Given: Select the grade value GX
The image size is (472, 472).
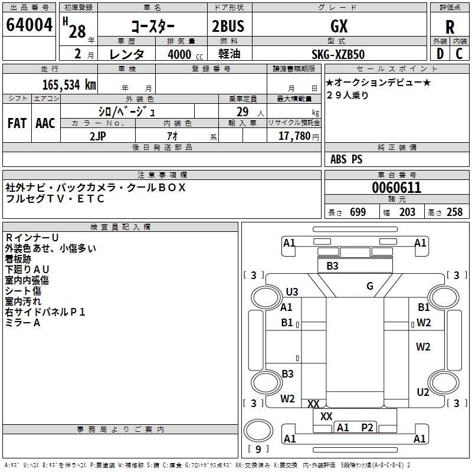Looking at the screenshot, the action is (339, 27).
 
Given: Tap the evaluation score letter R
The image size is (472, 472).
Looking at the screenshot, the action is (450, 27).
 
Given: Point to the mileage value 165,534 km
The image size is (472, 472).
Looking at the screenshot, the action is (70, 84).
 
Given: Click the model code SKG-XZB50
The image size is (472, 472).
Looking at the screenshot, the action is (338, 54).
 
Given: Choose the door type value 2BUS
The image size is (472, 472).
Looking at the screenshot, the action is (228, 27).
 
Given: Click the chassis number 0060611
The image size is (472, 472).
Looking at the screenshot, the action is (396, 188).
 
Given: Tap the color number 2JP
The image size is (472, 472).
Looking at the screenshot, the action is (98, 136).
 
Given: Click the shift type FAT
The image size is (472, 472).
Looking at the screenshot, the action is (17, 123).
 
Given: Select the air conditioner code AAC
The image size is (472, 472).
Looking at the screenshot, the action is (45, 123).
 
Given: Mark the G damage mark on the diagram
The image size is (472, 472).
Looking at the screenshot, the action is (370, 286).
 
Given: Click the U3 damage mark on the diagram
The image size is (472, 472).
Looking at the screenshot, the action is (292, 292).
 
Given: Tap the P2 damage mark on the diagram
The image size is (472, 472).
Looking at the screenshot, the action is (368, 428).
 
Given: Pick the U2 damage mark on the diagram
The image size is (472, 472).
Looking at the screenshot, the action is (423, 392).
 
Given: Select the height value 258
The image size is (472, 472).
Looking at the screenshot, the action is (454, 212).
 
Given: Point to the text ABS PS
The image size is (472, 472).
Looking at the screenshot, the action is (346, 159).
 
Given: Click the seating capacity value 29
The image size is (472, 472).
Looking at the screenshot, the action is (242, 112).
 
